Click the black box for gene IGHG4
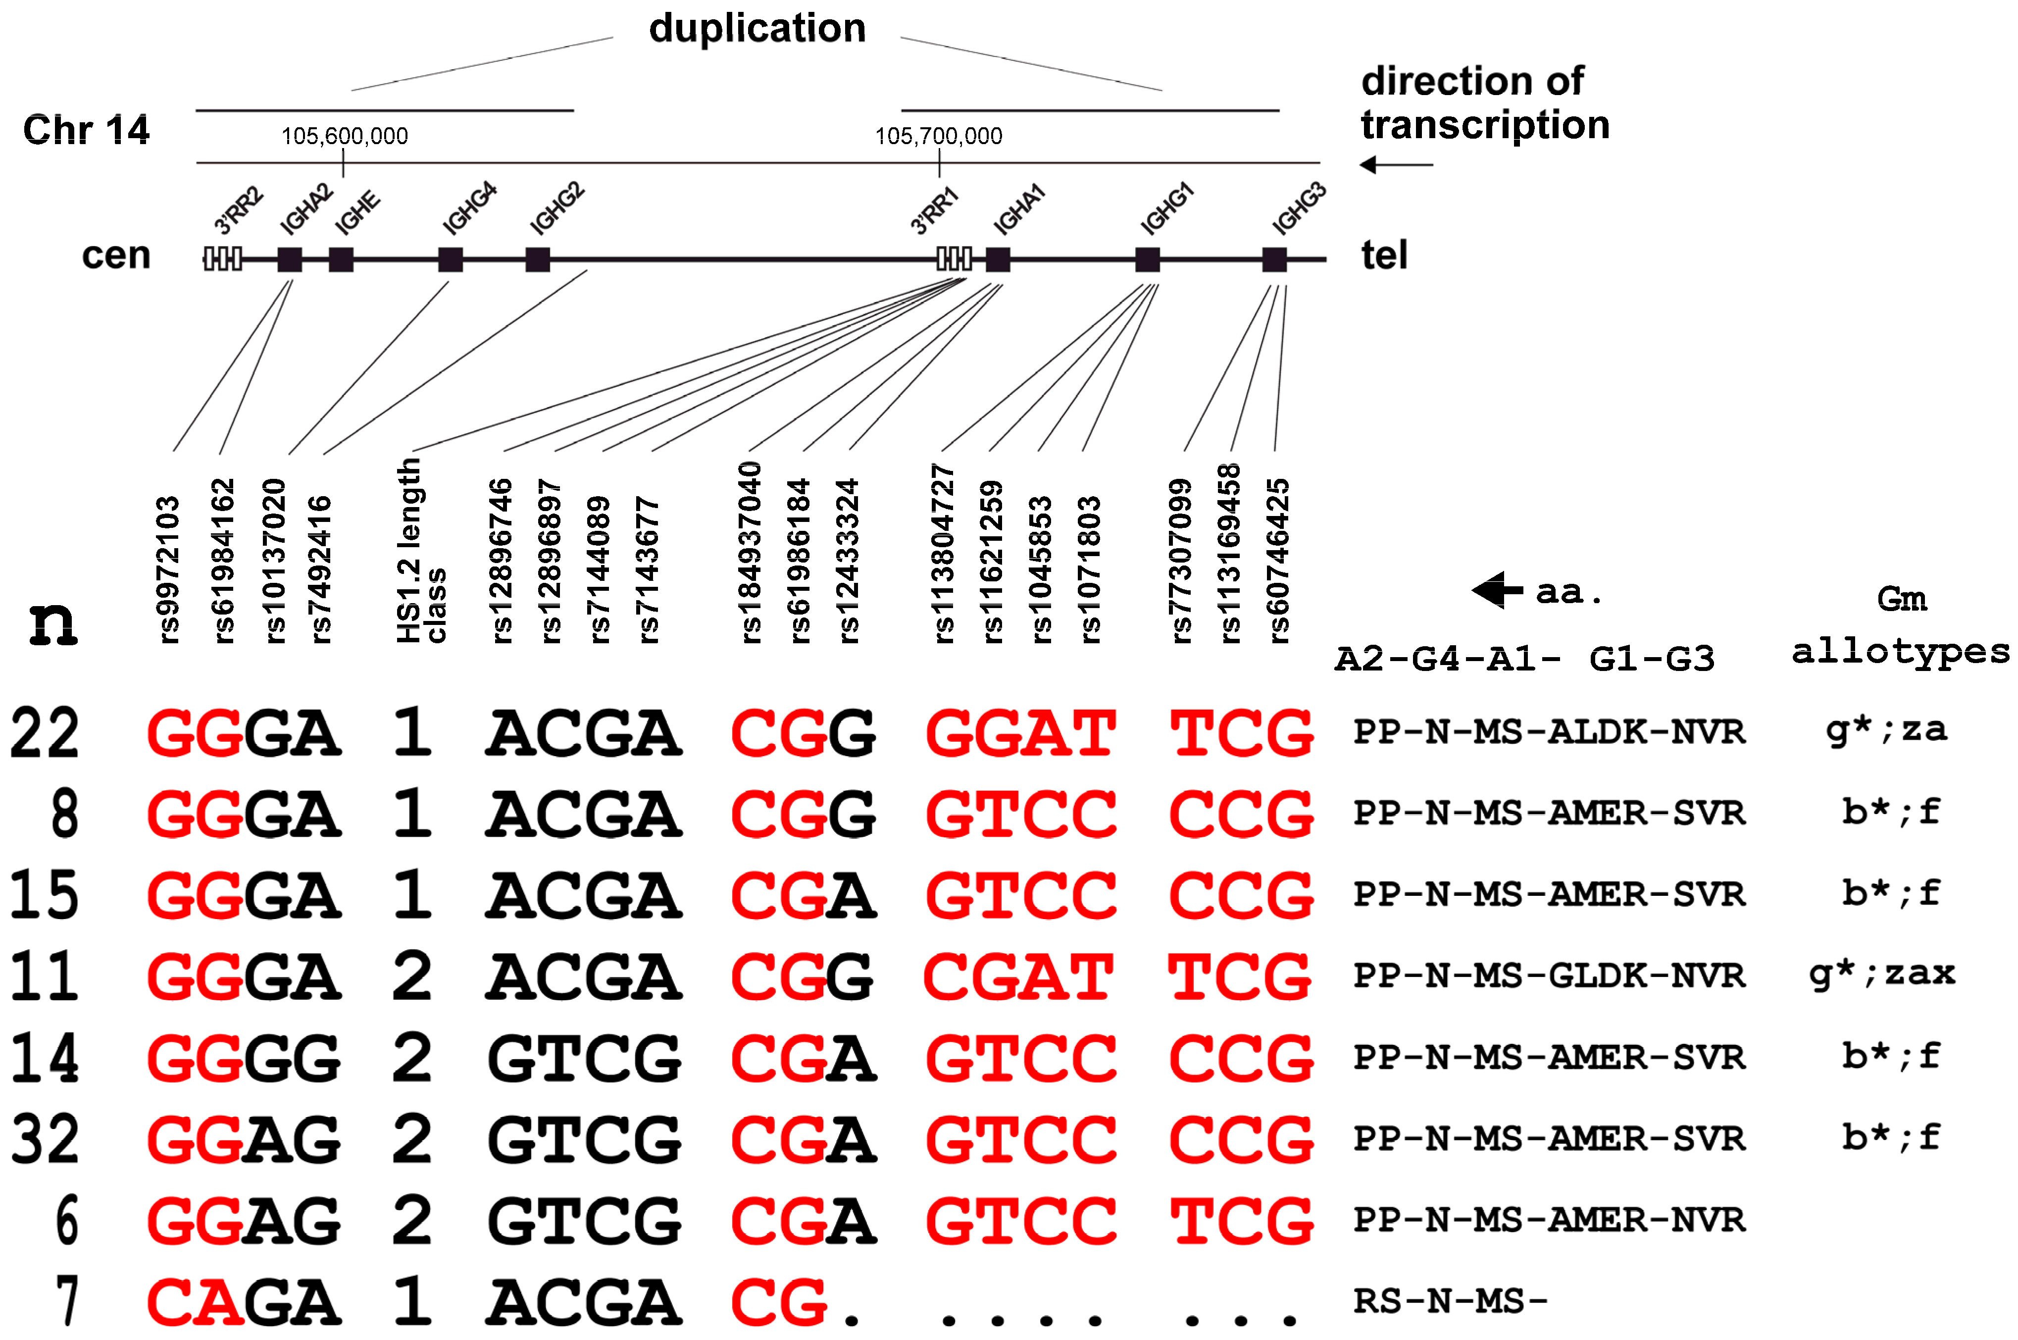pos(450,259)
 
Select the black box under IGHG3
pos(1274,259)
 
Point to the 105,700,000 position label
pos(938,136)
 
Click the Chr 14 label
pos(86,130)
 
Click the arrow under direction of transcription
pos(1396,164)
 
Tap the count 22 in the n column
pos(45,733)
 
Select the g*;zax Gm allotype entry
pos(1881,974)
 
